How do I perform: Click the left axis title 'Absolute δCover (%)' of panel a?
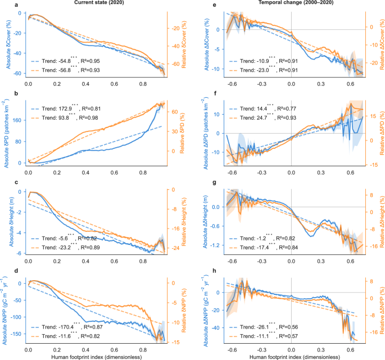[4, 44]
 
